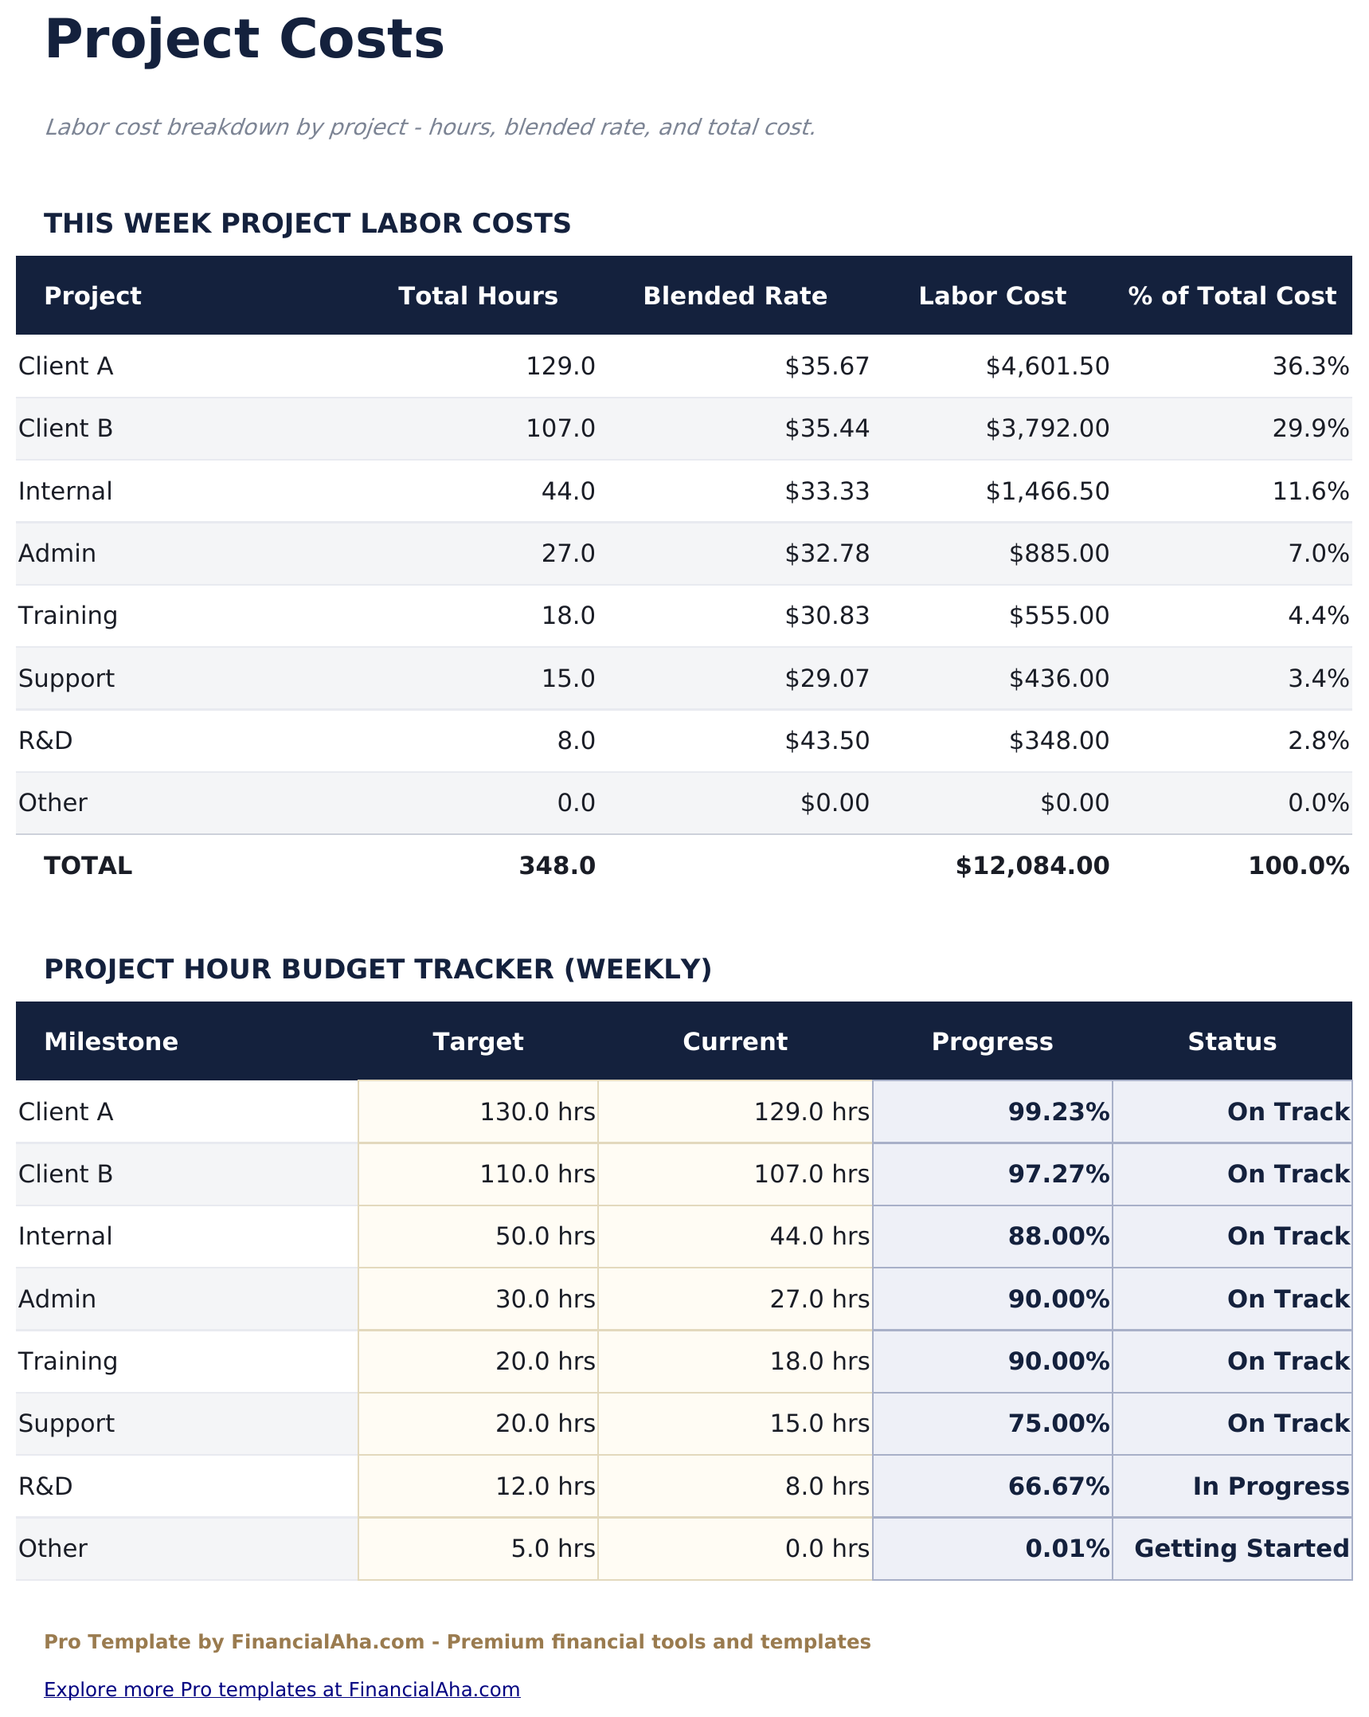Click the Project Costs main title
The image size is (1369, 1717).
(x=244, y=40)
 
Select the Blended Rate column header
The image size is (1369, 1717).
(x=734, y=296)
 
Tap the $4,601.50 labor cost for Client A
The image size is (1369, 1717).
(x=1046, y=367)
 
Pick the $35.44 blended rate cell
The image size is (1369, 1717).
(x=827, y=429)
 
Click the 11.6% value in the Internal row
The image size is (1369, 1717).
(x=1310, y=492)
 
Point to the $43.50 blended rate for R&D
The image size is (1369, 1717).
(x=827, y=741)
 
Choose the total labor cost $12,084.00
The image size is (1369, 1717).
(x=1031, y=866)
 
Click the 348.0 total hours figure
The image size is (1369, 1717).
(x=557, y=866)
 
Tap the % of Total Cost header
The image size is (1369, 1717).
(x=1231, y=296)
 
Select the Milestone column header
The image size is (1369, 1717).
(x=111, y=1042)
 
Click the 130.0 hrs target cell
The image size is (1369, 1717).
(x=537, y=1112)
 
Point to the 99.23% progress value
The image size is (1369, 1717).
(x=1058, y=1112)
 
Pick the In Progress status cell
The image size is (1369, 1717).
(x=1270, y=1487)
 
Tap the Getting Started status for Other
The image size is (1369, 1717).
(x=1241, y=1549)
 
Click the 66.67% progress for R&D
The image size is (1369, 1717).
(x=1058, y=1487)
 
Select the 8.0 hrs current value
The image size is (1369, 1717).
(x=827, y=1487)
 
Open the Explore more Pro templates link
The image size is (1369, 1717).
(x=282, y=1690)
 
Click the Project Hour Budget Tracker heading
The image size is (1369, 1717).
(x=377, y=970)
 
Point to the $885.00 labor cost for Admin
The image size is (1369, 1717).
(x=1058, y=554)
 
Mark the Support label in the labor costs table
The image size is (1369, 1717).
(x=66, y=679)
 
